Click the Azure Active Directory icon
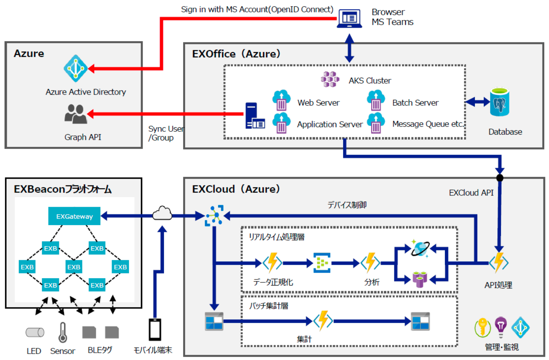click(75, 68)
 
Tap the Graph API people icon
click(75, 114)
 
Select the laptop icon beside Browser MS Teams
click(349, 18)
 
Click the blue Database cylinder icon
click(499, 102)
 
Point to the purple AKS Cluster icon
click(330, 79)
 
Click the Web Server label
click(318, 103)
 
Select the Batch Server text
click(415, 103)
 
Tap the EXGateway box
click(74, 216)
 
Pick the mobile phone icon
click(155, 330)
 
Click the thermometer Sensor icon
click(63, 332)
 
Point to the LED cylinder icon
click(35, 332)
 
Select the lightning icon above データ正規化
click(272, 263)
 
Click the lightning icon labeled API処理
click(499, 263)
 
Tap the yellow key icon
click(482, 327)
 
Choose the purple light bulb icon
click(501, 326)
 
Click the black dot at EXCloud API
click(500, 178)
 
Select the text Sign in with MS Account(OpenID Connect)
click(257, 9)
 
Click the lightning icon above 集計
click(323, 321)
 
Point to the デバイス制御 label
click(347, 205)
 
